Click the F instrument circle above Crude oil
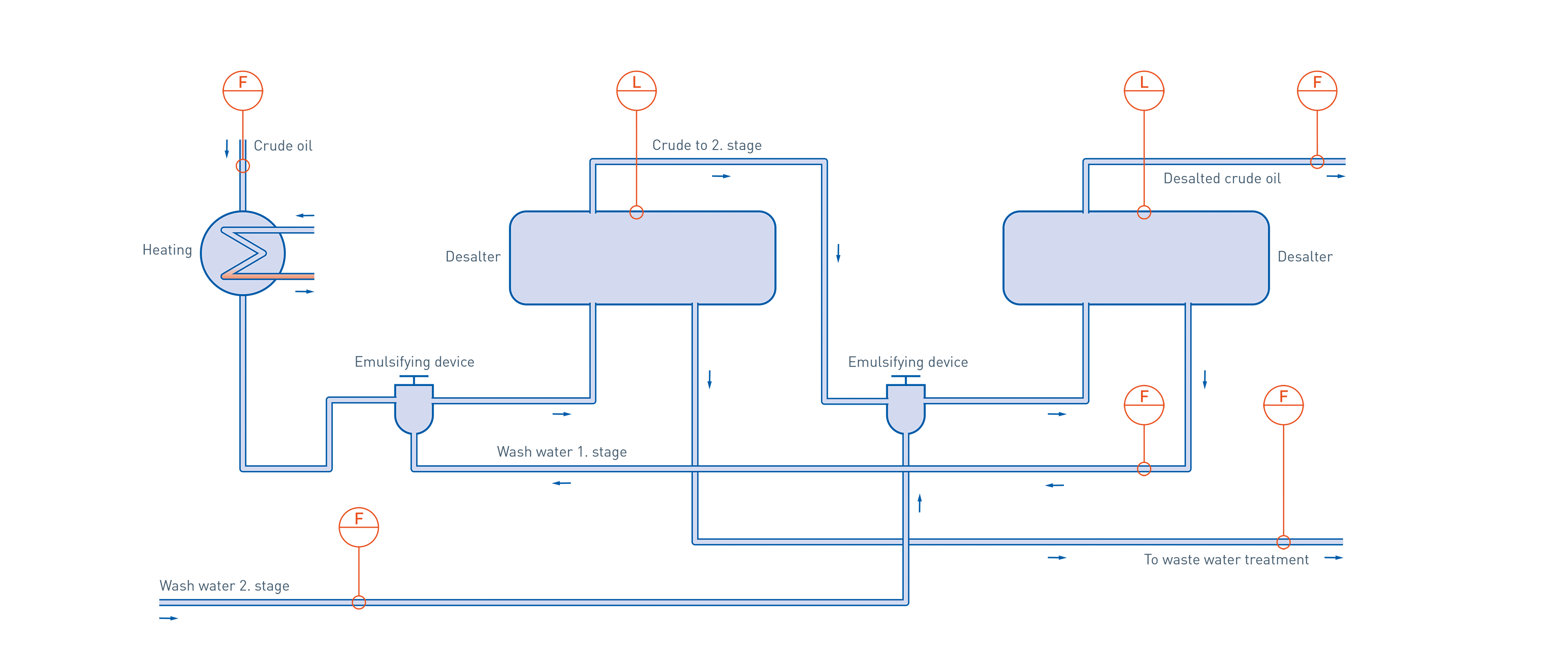pyautogui.click(x=243, y=90)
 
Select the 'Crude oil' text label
pyautogui.click(x=283, y=146)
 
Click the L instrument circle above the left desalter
pyautogui.click(x=637, y=90)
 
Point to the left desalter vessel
pyautogui.click(x=642, y=258)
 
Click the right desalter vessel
pyautogui.click(x=1136, y=258)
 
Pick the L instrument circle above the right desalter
pyautogui.click(x=1144, y=90)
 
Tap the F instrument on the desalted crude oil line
pyautogui.click(x=1317, y=90)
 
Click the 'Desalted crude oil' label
pyautogui.click(x=1222, y=178)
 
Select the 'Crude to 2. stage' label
pyautogui.click(x=706, y=145)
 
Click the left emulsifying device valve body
pyautogui.click(x=414, y=408)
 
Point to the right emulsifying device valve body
pyautogui.click(x=906, y=408)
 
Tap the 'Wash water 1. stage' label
pyautogui.click(x=562, y=452)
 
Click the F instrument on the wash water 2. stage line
pyautogui.click(x=359, y=527)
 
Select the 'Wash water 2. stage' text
pyautogui.click(x=224, y=586)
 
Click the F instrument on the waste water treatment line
pyautogui.click(x=1283, y=405)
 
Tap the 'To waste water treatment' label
pyautogui.click(x=1226, y=559)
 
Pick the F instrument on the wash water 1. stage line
pyautogui.click(x=1144, y=405)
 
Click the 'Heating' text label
pyautogui.click(x=167, y=250)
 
